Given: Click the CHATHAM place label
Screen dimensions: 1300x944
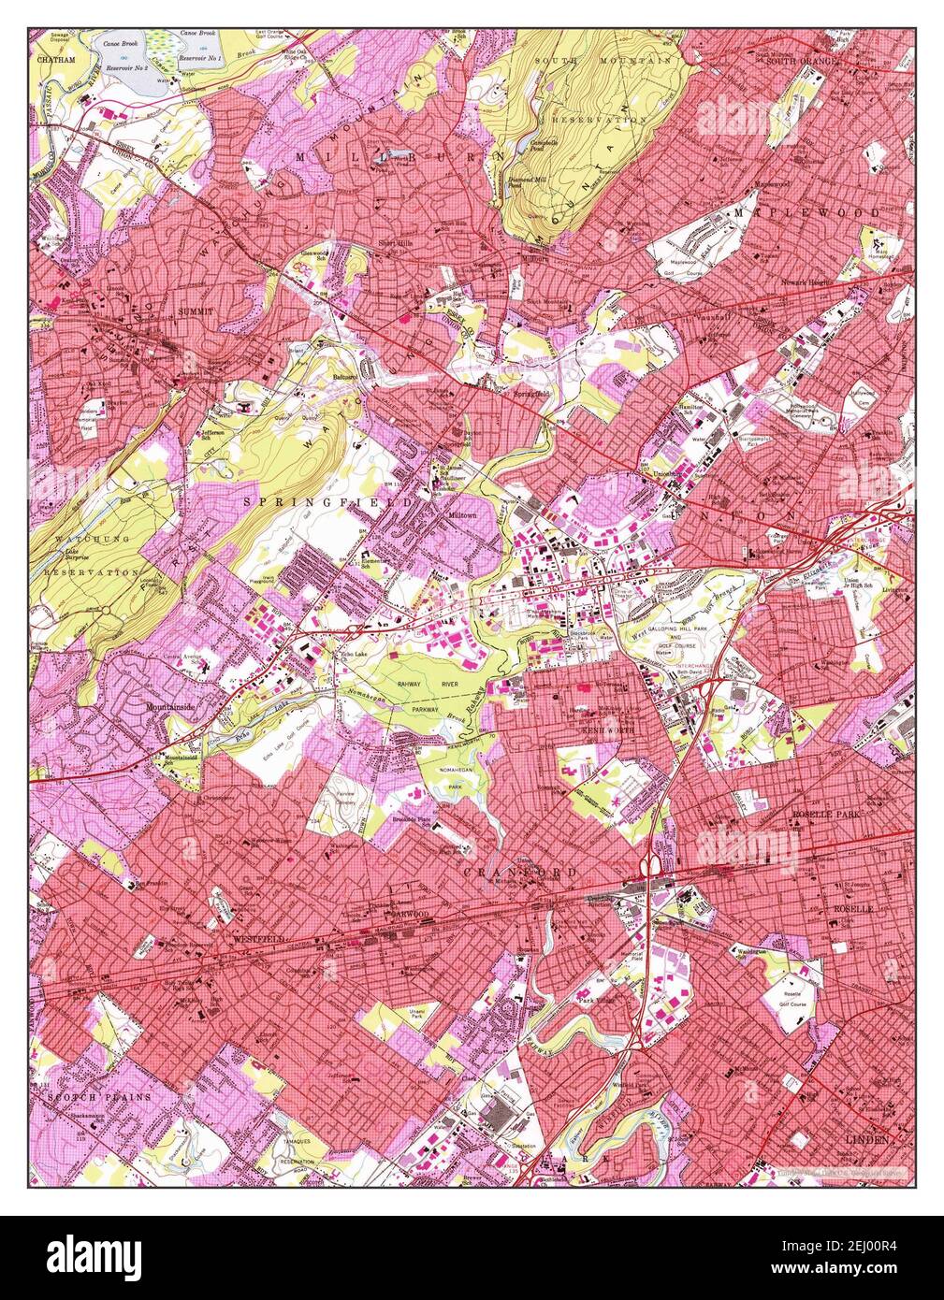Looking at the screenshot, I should click(x=55, y=59).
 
